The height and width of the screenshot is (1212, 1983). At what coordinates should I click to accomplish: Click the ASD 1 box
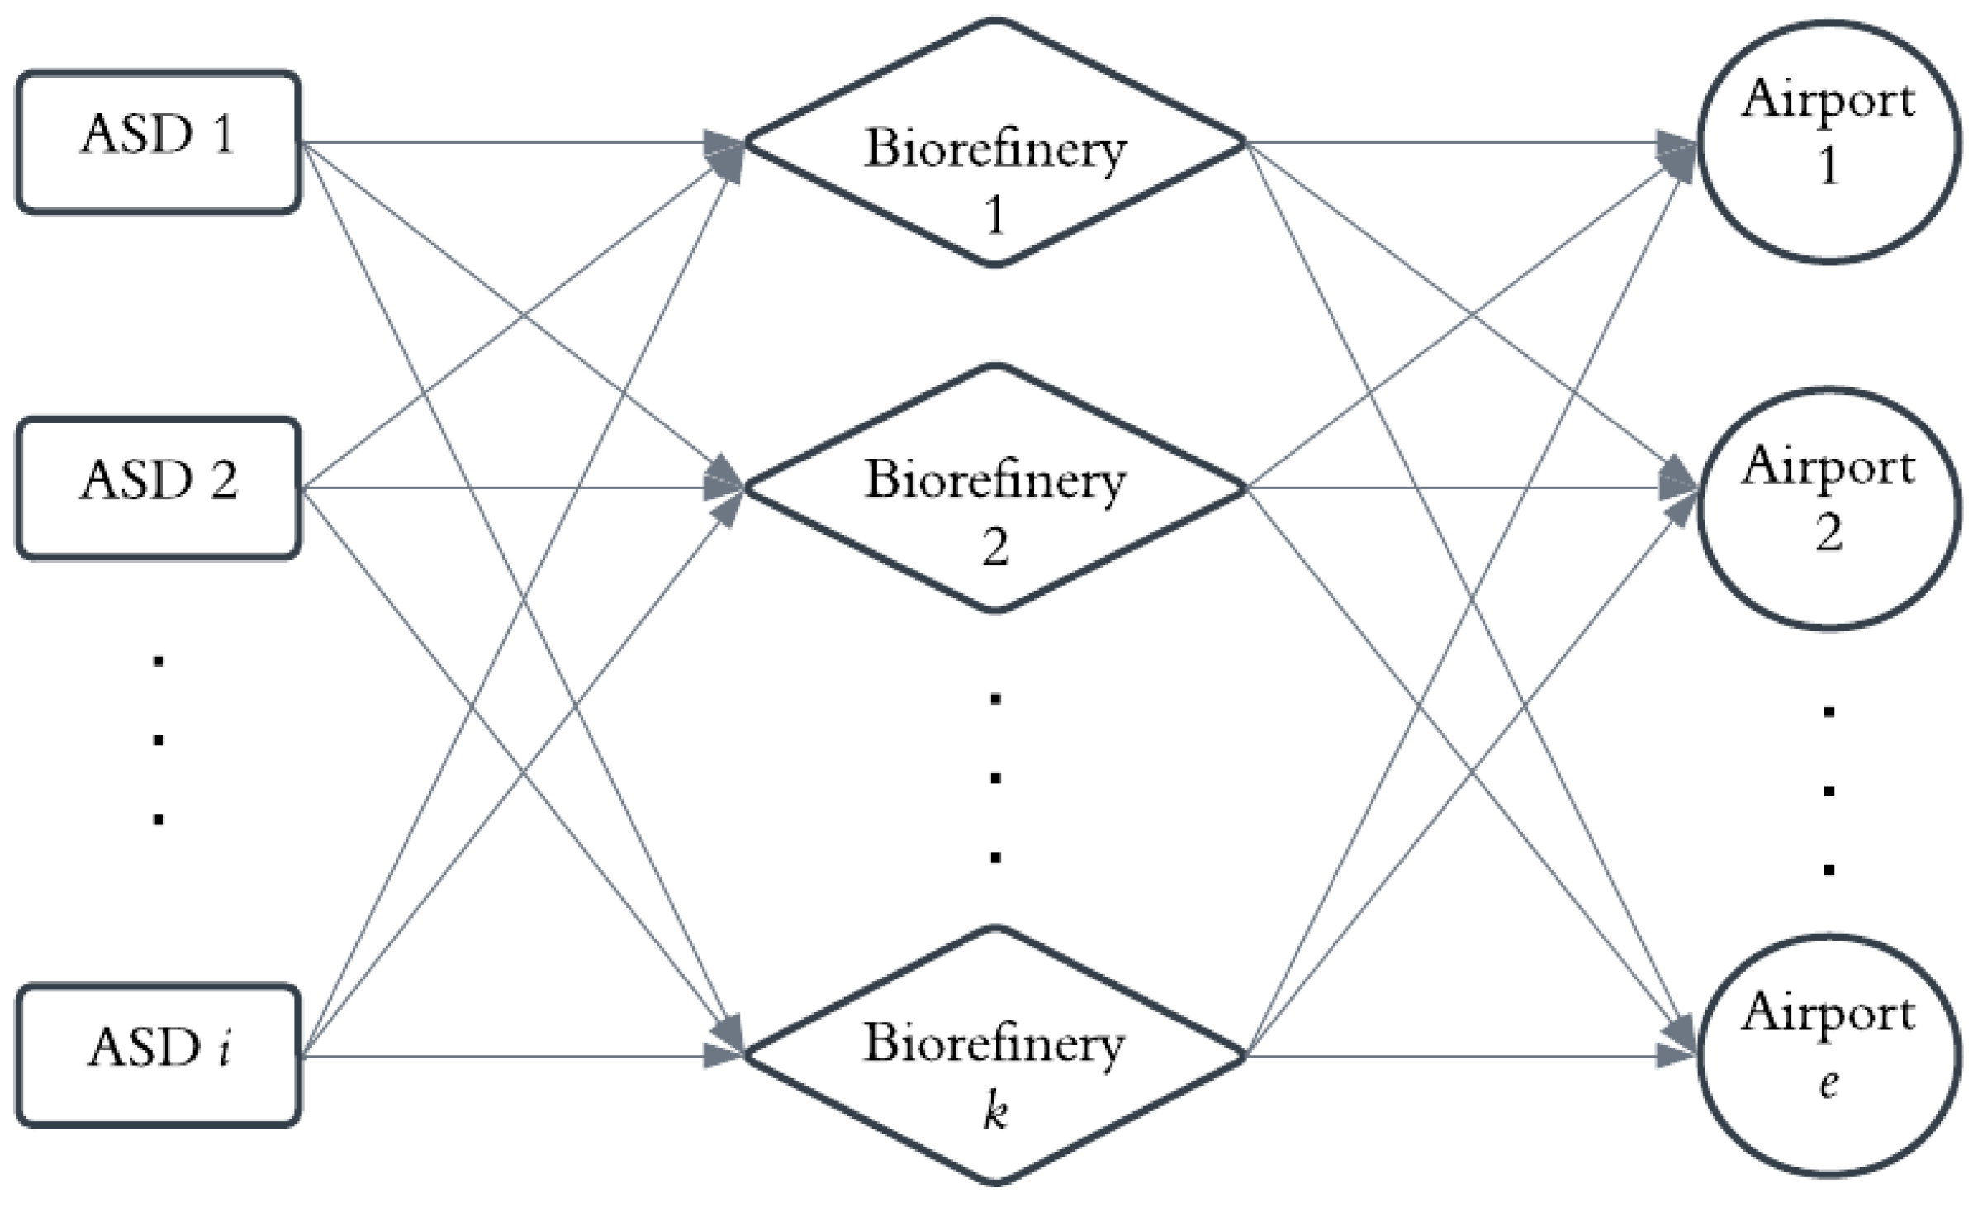[x=158, y=142]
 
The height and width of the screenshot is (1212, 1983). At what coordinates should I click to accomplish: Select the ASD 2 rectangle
[x=158, y=487]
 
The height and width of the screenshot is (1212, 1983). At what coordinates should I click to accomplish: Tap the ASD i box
[x=158, y=1054]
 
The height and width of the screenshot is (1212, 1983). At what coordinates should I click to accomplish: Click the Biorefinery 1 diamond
[x=995, y=142]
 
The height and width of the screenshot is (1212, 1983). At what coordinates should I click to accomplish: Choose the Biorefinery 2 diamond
[x=995, y=487]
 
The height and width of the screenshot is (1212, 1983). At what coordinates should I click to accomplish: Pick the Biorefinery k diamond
[x=995, y=1055]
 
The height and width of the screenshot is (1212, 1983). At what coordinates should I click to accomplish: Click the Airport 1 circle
[x=1829, y=142]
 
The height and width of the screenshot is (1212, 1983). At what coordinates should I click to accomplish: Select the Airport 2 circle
[x=1829, y=509]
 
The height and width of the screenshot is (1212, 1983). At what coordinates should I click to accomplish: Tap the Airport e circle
[x=1829, y=1055]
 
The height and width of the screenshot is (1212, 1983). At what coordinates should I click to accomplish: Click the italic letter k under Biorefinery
[x=995, y=1111]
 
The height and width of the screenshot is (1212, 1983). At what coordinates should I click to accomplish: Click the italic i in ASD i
[x=224, y=1048]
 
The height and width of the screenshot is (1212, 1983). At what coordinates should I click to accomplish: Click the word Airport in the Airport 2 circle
[x=1829, y=468]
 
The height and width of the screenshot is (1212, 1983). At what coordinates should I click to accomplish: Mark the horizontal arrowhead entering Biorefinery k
[x=722, y=1055]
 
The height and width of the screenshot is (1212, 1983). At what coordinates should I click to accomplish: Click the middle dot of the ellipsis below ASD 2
[x=158, y=740]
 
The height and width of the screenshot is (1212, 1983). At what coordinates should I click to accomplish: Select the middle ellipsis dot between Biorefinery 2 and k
[x=995, y=777]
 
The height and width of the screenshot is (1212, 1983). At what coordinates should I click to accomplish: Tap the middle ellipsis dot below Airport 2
[x=1829, y=791]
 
